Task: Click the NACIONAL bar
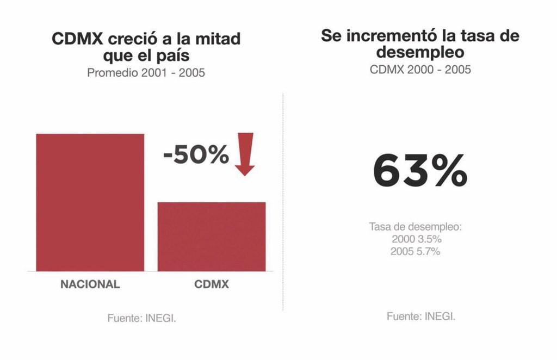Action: pos(90,202)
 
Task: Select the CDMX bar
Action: pos(212,236)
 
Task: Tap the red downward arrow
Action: pos(245,154)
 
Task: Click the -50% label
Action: pos(196,156)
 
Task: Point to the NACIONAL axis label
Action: pos(90,284)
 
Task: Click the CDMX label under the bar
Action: pos(212,284)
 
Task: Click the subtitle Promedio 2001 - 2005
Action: pos(146,72)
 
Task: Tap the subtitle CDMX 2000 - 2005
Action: pos(420,70)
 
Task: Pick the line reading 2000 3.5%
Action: pos(416,239)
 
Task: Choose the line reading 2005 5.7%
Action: pos(416,252)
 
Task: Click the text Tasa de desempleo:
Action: pos(415,227)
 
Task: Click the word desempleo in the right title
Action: pos(420,53)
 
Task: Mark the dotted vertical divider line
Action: pos(283,201)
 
